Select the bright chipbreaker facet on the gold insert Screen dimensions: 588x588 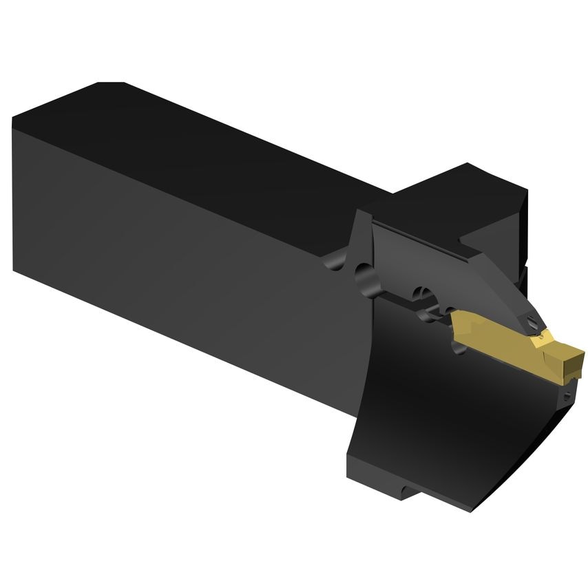tap(544, 337)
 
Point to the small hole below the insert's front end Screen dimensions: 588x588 tap(566, 395)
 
